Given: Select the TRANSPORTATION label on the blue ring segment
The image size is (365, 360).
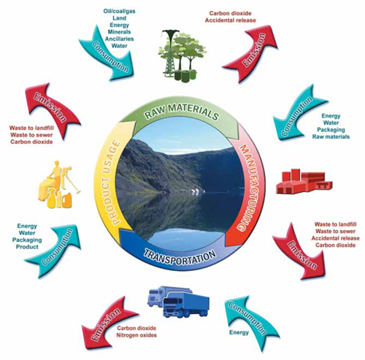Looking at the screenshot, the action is [x=180, y=257].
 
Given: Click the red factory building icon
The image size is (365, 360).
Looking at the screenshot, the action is [x=304, y=181].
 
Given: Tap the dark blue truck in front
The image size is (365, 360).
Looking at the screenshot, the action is [x=186, y=305].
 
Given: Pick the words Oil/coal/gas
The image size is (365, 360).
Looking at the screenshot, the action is [x=119, y=11].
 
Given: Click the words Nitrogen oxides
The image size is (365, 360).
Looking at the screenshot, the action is [x=137, y=335].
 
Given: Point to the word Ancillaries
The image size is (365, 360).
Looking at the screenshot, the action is [x=119, y=39].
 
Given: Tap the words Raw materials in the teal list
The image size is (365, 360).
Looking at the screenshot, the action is [x=331, y=137].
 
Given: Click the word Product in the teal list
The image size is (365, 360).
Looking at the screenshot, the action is [x=27, y=247].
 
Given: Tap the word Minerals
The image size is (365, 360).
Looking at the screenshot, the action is [x=119, y=32].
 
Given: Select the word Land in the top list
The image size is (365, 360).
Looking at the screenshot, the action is [x=119, y=18].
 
